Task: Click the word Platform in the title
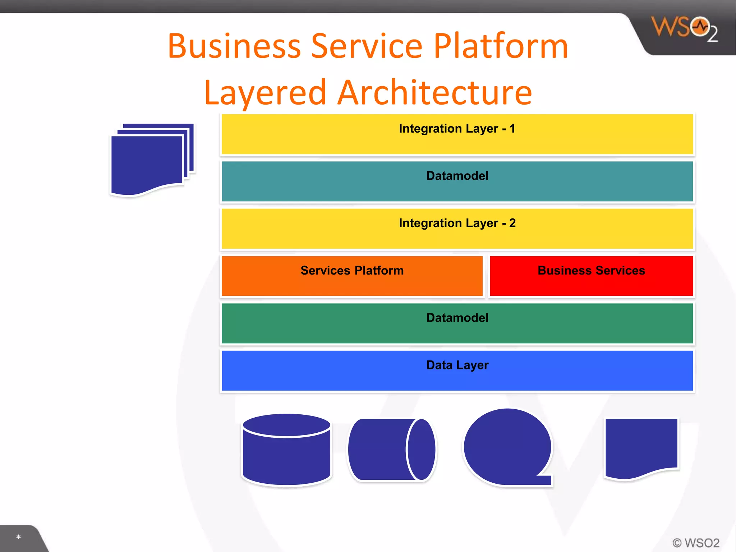500,47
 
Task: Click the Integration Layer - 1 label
457,129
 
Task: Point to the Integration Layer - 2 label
457,223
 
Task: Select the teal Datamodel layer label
457,176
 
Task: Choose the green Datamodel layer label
457,318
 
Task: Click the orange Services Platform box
352,276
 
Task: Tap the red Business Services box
591,276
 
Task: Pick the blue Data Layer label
457,365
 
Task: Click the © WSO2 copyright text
696,543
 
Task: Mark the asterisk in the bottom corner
18,537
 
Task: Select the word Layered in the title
265,93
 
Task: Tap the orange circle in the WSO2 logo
700,27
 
